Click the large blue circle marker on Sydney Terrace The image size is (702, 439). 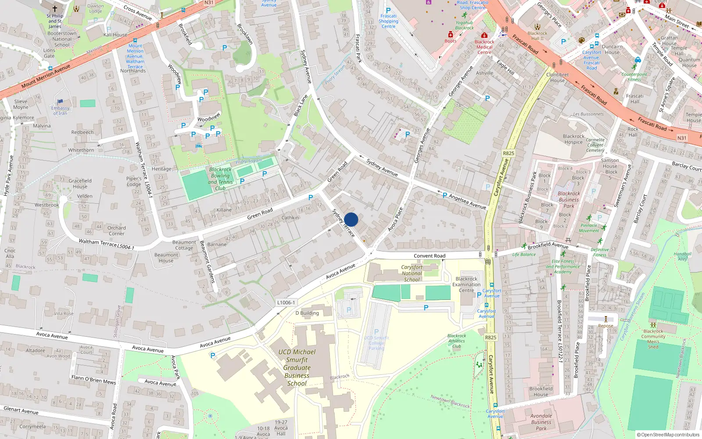(x=351, y=219)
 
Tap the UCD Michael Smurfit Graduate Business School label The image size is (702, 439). (x=297, y=367)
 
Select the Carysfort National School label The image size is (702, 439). (x=412, y=273)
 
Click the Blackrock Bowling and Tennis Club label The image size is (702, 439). (x=220, y=179)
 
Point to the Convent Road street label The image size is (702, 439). (x=430, y=256)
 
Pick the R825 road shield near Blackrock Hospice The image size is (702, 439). (x=509, y=153)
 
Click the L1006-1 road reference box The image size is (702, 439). (x=286, y=302)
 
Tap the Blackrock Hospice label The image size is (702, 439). (x=573, y=139)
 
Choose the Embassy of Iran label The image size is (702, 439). (x=61, y=111)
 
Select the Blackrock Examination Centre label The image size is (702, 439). (x=466, y=284)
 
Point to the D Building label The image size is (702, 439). (x=307, y=313)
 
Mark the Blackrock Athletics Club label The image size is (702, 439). (x=457, y=341)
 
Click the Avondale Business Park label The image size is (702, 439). (x=541, y=422)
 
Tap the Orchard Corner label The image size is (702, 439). (x=117, y=230)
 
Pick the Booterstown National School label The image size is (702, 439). (x=62, y=39)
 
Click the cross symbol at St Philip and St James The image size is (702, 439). (x=55, y=8)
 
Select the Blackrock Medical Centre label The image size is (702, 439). (x=484, y=47)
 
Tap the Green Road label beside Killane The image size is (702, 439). (x=260, y=214)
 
